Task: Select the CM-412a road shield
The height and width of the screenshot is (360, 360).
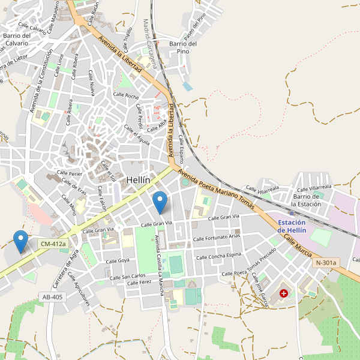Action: coord(53,244)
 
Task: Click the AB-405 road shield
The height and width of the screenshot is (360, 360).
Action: coord(52,296)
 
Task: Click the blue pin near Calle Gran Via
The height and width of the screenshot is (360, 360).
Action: coord(160,202)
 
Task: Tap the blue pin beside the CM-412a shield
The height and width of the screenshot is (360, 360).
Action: coord(21,241)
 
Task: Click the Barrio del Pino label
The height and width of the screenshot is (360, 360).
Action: coord(183,47)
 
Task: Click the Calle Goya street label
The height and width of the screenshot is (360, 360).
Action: coord(118,261)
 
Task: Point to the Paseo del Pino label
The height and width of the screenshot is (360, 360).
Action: coord(195,25)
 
